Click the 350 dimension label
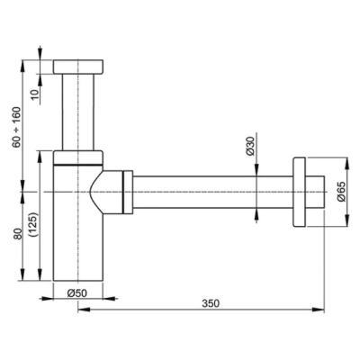[211, 303]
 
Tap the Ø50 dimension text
[76, 293]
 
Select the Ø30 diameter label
[250, 146]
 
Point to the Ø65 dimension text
[342, 192]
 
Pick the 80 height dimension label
[18, 235]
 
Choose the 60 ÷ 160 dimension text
[17, 127]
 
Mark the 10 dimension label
[35, 94]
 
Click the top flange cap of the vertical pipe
[78, 67]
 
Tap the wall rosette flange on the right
[299, 192]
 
